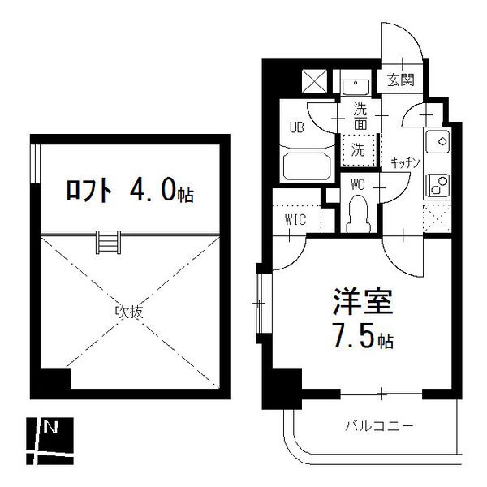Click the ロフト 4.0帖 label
pos(129,192)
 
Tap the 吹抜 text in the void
pos(123,310)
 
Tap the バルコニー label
pos(379,425)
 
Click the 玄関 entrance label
pos(400,80)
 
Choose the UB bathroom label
pos(297,127)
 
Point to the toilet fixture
pos(357,214)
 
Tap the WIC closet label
pos(295,219)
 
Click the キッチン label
pos(404,162)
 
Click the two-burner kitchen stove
pos(439,186)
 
